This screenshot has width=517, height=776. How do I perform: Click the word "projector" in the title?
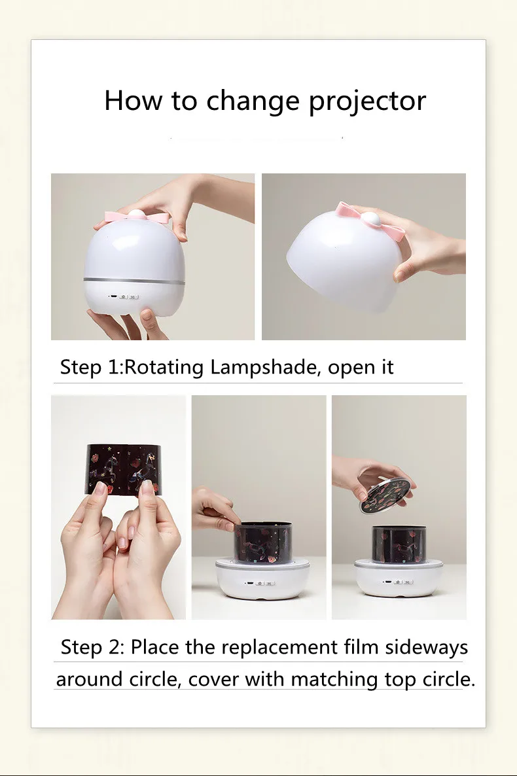pyautogui.click(x=367, y=101)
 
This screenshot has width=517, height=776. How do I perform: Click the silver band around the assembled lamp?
pyautogui.click(x=135, y=281)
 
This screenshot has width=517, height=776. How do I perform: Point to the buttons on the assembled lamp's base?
pyautogui.click(x=125, y=297)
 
